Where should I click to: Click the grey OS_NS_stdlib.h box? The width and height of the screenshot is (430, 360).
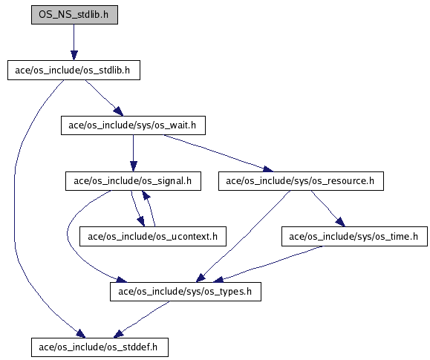click(x=74, y=15)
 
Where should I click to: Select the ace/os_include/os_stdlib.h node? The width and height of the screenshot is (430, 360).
click(x=74, y=71)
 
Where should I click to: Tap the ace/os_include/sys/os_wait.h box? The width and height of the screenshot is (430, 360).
click(x=133, y=125)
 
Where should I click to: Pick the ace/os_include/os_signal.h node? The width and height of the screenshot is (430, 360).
click(x=133, y=181)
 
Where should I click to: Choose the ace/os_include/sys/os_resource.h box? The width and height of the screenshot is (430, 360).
click(x=301, y=181)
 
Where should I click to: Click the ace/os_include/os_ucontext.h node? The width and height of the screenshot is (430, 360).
click(x=153, y=236)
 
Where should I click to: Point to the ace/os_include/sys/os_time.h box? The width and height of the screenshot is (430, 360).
click(x=354, y=236)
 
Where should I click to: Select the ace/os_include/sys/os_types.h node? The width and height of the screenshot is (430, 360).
click(x=186, y=292)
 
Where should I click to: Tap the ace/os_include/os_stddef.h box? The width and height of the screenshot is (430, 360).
click(x=100, y=347)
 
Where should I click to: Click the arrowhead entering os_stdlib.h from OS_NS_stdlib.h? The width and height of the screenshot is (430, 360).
click(x=74, y=56)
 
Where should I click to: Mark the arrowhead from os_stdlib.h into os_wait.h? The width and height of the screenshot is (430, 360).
click(x=119, y=111)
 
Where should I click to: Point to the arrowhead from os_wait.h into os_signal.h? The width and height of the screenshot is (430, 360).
click(x=133, y=167)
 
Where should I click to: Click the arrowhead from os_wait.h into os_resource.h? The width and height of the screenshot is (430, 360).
click(x=268, y=168)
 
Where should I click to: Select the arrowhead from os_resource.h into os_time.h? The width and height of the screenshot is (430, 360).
click(x=340, y=222)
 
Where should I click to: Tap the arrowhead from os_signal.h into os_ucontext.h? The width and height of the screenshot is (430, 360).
click(x=141, y=222)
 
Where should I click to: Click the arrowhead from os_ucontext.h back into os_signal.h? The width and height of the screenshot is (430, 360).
click(x=146, y=195)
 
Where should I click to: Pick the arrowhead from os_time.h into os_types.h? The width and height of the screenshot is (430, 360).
click(x=218, y=280)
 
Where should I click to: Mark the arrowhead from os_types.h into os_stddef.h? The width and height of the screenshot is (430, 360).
click(x=119, y=334)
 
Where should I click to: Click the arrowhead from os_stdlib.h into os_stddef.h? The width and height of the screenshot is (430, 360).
click(x=81, y=334)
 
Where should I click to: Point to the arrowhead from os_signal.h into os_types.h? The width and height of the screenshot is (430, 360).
click(x=121, y=280)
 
